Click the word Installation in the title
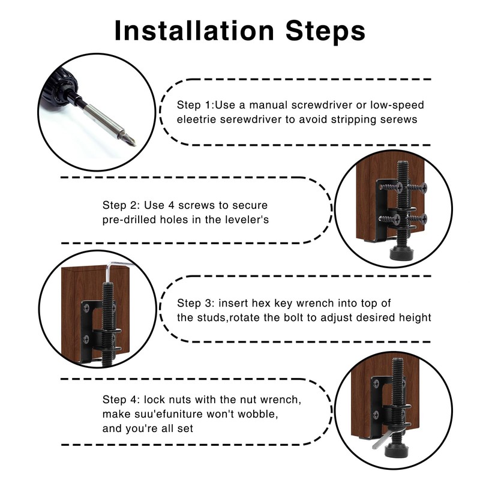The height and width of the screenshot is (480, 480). point(194,31)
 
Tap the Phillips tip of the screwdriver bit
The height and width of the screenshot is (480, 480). point(131,140)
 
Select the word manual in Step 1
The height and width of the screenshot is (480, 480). point(268,105)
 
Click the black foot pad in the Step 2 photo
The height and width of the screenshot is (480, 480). point(402,253)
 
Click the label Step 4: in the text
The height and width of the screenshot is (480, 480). point(121,400)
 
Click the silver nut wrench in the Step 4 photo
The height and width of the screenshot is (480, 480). point(382,438)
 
